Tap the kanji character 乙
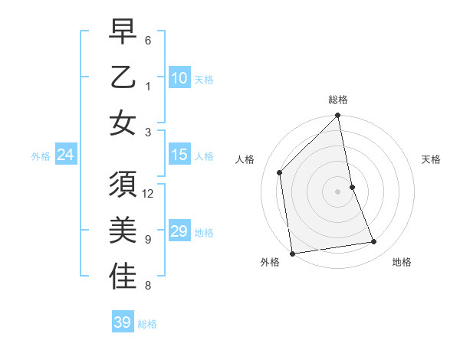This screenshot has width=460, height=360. coord(123,78)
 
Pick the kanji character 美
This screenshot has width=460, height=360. coord(123,231)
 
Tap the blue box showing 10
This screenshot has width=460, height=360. coord(179,78)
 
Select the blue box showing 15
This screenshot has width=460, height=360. coord(179,155)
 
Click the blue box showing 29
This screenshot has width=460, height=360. coord(179,231)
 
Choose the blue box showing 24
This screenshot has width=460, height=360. coord(66,155)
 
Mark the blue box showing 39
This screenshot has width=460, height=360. coord(123,322)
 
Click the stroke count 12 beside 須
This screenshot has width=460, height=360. coord(149,194)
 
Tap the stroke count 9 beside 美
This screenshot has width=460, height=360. coord(148,239)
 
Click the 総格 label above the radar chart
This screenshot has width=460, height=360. coord(338,100)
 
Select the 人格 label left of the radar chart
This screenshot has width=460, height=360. coord(245,159)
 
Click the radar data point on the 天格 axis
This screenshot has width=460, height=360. coord(353,187)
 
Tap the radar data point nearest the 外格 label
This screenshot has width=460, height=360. coord(292,254)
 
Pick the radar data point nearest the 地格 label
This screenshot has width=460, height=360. coord(374,242)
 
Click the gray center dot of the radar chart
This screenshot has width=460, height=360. coord(338,191)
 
